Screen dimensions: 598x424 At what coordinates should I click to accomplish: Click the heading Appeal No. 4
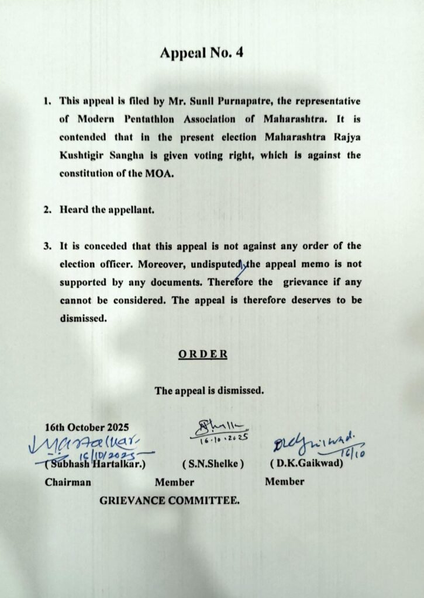(x=201, y=53)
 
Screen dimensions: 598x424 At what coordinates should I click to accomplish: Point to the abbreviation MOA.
(x=161, y=173)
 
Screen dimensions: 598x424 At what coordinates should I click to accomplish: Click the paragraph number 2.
(x=47, y=210)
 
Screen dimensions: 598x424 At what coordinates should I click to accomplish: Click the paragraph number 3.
(x=47, y=246)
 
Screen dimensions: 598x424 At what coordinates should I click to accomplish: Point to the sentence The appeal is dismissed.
(x=209, y=390)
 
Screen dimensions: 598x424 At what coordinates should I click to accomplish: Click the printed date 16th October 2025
(x=87, y=427)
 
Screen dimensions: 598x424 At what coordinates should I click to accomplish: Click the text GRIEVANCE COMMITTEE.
(x=169, y=500)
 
